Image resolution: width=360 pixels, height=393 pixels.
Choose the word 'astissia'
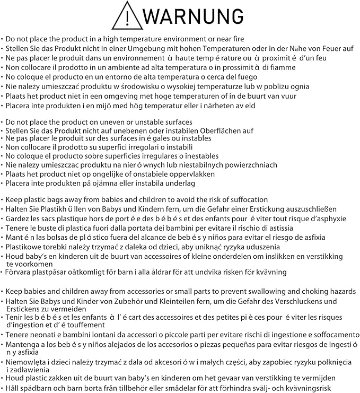[278, 228]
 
